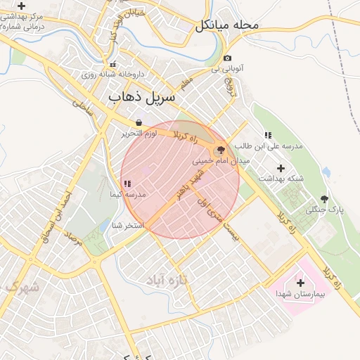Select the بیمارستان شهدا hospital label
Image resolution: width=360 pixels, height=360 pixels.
(x=300, y=293)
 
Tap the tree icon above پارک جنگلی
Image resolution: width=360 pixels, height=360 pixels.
(x=324, y=199)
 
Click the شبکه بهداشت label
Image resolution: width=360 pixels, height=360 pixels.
(x=281, y=179)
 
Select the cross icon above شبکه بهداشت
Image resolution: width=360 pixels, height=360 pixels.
(x=281, y=168)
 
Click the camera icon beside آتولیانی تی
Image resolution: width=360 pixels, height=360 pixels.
(x=227, y=58)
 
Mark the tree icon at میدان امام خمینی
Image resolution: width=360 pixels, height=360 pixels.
(x=221, y=150)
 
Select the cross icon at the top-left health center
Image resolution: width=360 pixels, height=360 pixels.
(x=21, y=5)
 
